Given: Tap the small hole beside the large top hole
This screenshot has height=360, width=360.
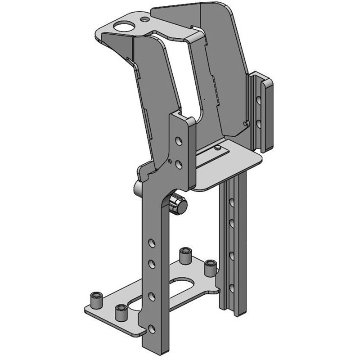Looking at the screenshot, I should tap(144, 20).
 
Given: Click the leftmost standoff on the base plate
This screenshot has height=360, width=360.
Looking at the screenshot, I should tap(94, 299).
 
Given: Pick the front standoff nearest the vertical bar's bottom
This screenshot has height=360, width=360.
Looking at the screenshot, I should tap(120, 312).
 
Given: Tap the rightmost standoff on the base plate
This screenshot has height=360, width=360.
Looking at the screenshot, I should tap(209, 268).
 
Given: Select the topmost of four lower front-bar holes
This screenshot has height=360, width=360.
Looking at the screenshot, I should tap(152, 243).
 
